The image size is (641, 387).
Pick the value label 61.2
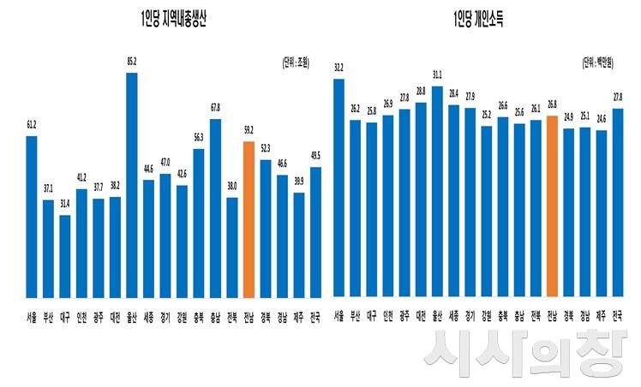[32, 126]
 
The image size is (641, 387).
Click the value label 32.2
[338, 68]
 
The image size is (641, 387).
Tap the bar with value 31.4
[65, 256]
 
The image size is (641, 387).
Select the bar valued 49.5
[315, 232]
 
